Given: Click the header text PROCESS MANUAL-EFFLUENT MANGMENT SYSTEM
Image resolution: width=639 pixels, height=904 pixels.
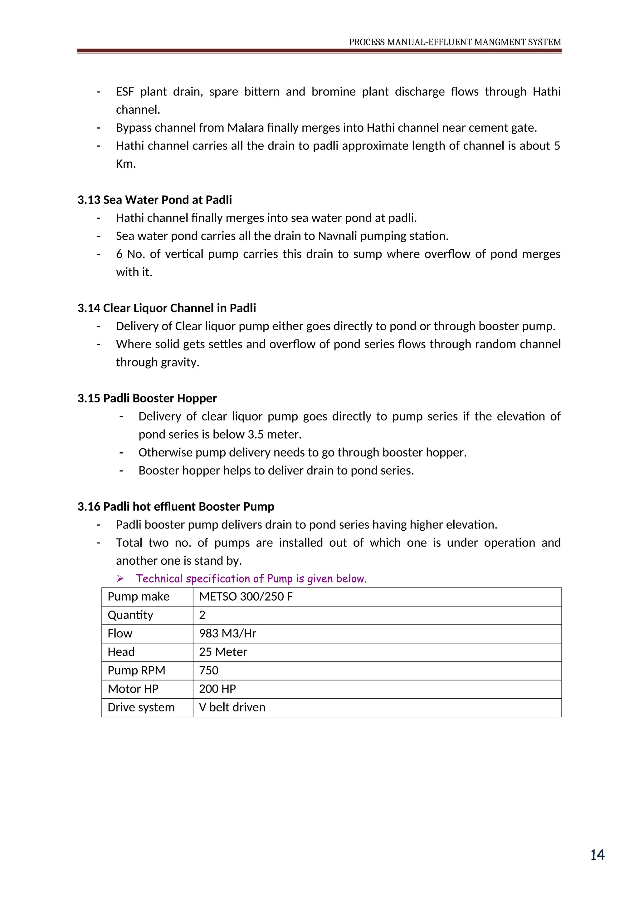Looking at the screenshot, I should coord(455,42).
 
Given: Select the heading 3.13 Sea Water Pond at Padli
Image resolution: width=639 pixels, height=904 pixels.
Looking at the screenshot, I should coord(155,200).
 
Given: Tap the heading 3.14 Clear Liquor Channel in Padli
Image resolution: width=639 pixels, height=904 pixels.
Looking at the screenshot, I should coord(166,308).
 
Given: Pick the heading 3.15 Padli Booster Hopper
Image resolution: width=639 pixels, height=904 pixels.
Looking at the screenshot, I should coord(147,398).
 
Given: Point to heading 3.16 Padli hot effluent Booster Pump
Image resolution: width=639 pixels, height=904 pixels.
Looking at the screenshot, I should coord(176,507).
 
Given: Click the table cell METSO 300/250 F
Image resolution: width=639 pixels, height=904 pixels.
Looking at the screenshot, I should coord(246,597).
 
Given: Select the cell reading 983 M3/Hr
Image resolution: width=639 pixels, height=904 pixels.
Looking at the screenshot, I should coord(227,633).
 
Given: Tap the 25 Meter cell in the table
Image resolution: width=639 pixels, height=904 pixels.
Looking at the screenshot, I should coord(223,652).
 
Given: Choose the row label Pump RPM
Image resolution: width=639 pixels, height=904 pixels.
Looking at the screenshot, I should coord(136,671).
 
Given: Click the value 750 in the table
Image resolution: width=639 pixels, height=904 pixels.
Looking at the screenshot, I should coord(208,671).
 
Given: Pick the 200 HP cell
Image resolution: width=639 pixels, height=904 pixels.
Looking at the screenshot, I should coord(217,689).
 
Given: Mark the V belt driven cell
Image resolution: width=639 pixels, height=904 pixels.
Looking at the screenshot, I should coord(232,708).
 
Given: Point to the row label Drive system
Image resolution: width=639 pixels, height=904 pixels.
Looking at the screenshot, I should coord(141,708).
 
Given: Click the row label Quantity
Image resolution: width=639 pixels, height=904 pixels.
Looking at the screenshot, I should coord(130,615).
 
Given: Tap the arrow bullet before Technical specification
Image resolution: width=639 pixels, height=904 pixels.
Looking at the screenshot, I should coord(120,578).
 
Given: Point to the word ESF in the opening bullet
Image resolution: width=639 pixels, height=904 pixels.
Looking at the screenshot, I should coord(125,92).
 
